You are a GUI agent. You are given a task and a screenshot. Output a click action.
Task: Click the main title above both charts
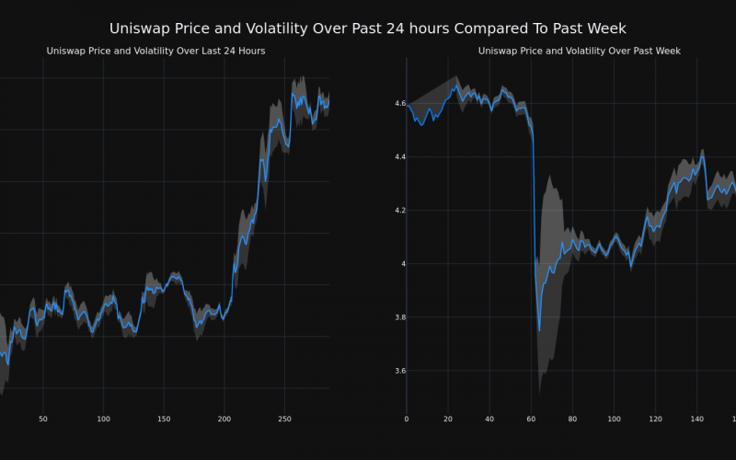368,29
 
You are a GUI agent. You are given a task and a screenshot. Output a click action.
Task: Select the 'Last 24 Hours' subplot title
155,51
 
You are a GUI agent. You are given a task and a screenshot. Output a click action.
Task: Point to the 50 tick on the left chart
43,419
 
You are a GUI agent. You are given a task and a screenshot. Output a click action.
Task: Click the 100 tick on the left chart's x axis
103,419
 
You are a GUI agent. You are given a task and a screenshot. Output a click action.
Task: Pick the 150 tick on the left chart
164,419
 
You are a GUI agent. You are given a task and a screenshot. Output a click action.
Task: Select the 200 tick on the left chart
224,419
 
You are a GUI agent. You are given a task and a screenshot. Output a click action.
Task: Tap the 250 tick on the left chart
284,419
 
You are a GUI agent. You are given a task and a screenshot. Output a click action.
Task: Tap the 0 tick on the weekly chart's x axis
407,419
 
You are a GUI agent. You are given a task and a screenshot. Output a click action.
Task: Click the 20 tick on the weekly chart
448,419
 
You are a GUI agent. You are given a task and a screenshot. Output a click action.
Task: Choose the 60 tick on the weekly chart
531,419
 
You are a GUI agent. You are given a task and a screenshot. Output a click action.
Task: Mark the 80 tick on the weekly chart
572,419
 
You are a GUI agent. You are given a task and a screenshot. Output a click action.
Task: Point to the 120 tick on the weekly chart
655,419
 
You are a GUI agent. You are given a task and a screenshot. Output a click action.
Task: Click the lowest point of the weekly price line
539,330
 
